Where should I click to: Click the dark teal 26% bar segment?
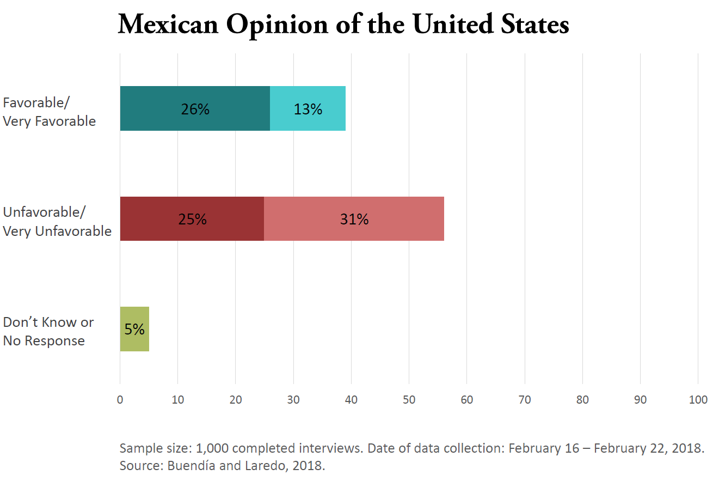[163, 108]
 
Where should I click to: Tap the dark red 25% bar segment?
[158, 218]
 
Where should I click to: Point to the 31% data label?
[354, 219]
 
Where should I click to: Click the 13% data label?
[308, 109]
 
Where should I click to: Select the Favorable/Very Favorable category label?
[49, 112]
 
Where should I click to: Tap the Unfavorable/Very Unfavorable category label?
[57, 221]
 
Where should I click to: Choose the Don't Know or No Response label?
[48, 331]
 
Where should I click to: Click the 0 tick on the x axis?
[120, 400]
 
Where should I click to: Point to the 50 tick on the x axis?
[409, 400]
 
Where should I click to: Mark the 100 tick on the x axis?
[698, 400]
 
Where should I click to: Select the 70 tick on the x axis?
[525, 400]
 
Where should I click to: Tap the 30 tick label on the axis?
[293, 400]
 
